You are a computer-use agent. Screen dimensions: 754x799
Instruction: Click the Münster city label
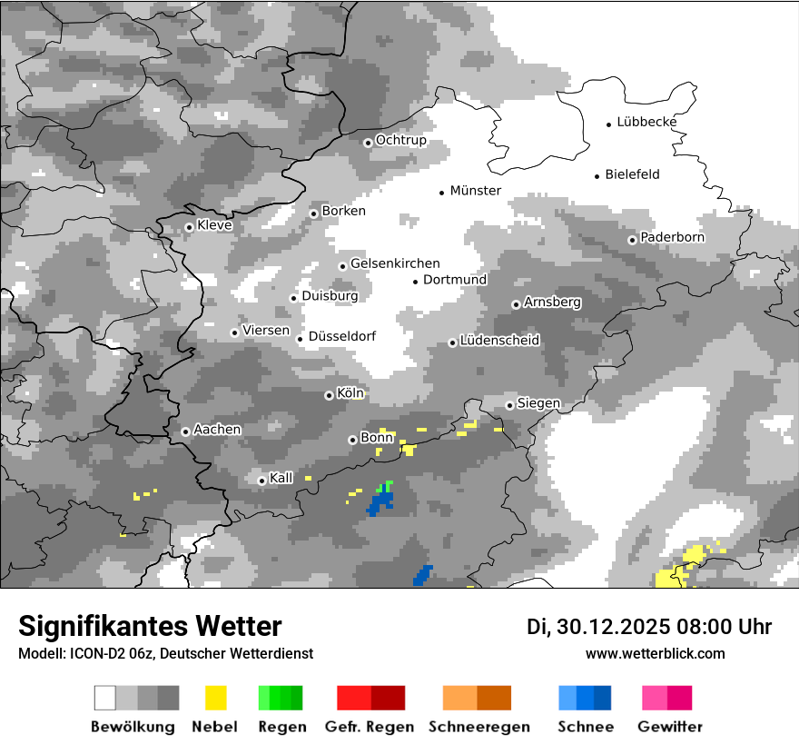point(476,191)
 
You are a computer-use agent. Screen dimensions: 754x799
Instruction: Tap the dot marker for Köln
point(329,395)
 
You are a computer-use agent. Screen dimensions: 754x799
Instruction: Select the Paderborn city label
point(672,238)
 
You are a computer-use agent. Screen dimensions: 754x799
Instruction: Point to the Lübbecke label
point(646,123)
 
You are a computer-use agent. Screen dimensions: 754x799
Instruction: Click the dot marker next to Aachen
point(185,432)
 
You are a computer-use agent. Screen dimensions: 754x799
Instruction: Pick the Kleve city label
point(214,225)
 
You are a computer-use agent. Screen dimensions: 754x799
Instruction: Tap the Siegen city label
point(538,403)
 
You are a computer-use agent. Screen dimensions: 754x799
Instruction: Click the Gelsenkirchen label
point(395,263)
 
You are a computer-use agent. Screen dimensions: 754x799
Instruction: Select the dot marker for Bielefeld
point(597,176)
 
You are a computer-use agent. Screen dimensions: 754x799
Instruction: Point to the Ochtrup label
point(400,141)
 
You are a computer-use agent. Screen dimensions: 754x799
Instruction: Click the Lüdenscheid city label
point(499,341)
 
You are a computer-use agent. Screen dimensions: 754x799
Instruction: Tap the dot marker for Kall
point(261,481)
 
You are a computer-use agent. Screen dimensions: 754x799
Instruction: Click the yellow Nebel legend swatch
point(216,698)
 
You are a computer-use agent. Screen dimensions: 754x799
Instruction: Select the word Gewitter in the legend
point(670,727)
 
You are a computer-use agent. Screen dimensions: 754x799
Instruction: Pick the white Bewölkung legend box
point(105,698)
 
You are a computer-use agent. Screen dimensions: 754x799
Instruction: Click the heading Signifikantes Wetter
point(150,626)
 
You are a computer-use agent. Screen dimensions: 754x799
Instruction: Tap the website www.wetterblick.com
point(655,653)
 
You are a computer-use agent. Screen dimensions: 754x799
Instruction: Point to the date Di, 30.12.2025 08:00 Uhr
point(649,627)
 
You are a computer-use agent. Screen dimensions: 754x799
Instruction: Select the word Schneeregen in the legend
point(479,727)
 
